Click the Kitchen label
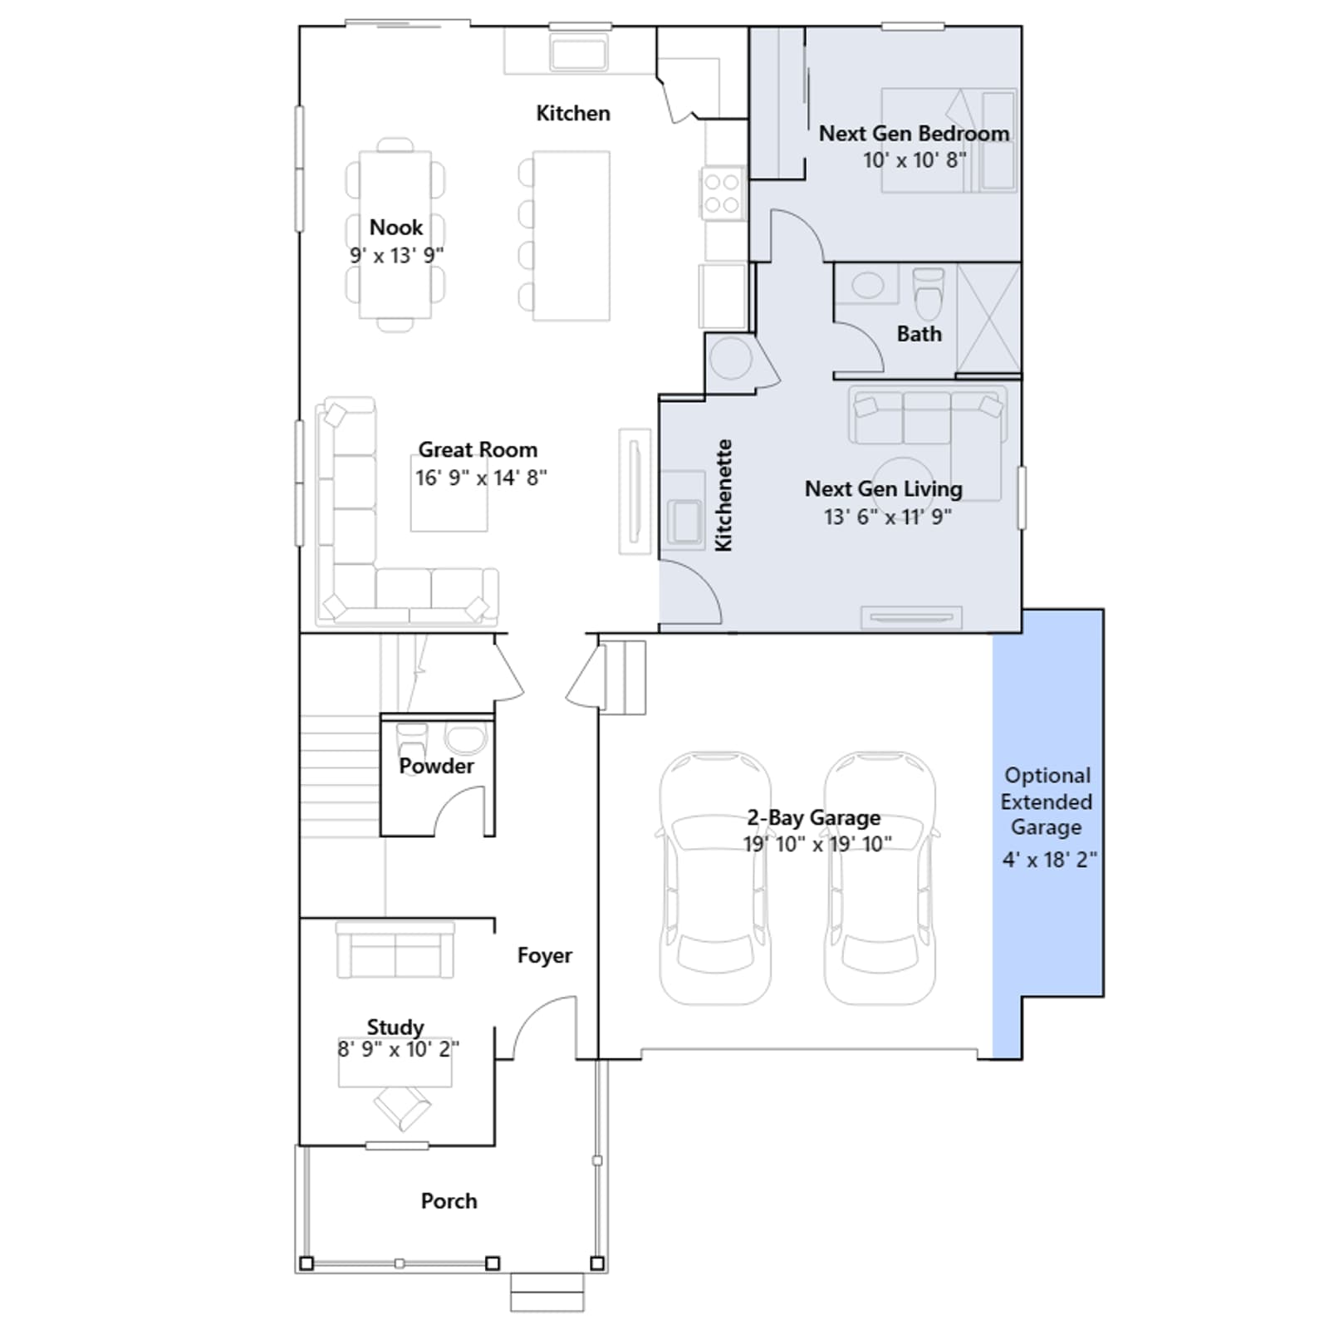coord(573,113)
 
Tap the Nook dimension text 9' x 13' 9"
coord(396,255)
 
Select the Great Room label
coord(478,449)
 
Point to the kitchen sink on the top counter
coord(579,51)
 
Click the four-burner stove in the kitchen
coord(721,193)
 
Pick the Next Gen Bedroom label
coord(915,133)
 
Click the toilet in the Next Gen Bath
coord(929,292)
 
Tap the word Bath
coord(920,334)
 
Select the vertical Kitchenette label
coord(723,495)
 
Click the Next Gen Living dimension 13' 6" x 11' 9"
coord(887,517)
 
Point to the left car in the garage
coord(715,878)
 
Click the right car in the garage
coord(880,878)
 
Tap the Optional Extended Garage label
coord(1047,802)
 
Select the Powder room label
coord(436,766)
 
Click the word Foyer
coord(545,955)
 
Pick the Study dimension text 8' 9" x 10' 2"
coord(398,1049)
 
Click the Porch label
coord(449,1201)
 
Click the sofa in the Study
coord(395,949)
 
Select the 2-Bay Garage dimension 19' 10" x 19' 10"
coord(817,844)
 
